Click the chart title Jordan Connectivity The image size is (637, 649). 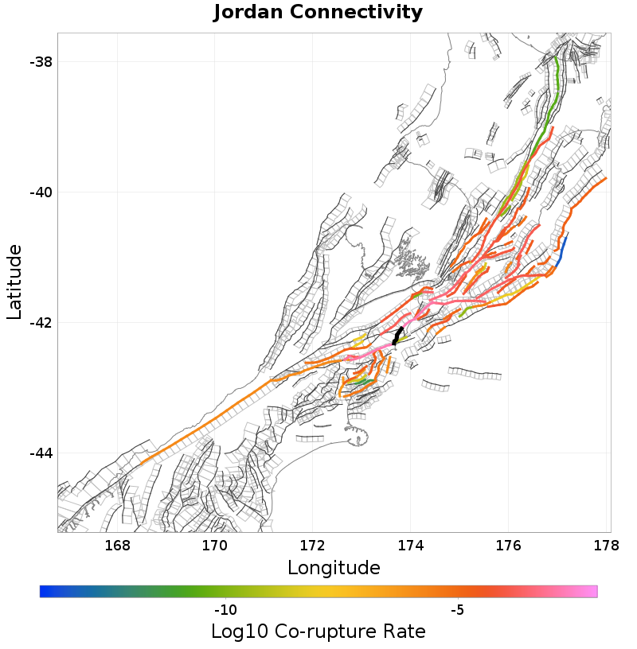coord(318,13)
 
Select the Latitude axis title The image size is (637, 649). coord(14,282)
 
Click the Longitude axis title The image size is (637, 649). coord(334,568)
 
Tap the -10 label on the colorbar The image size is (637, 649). coord(225,610)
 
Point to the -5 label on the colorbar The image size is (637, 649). coord(457,610)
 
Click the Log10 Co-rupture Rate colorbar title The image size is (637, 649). coord(318,632)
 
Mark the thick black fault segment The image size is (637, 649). coord(397,336)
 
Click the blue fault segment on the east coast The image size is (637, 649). coord(562,250)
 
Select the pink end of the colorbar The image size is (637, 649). coord(589,591)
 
